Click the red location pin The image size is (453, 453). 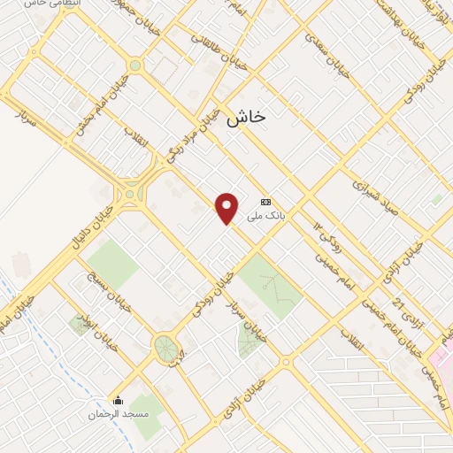pos(227,207)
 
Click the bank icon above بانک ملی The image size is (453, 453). pos(265,201)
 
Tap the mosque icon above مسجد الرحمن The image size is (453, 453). pos(119,401)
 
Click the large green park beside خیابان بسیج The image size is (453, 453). pos(112,264)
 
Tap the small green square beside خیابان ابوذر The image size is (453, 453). pos(79,325)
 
